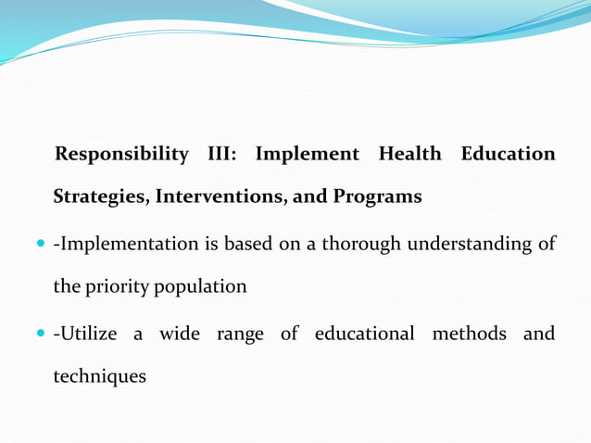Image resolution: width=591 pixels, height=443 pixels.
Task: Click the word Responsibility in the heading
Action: coord(121,154)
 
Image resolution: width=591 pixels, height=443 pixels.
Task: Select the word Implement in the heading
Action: coord(308,154)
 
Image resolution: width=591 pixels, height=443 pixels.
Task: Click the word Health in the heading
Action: coord(409,154)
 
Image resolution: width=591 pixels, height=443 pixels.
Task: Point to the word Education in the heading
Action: coord(508,154)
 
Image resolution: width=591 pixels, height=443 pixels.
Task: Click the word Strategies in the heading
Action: coord(101,197)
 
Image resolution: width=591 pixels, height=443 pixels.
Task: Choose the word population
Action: coord(212,287)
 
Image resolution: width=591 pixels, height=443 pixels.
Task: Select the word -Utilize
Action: coord(85,334)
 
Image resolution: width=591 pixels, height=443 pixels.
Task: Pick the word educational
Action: coord(364,334)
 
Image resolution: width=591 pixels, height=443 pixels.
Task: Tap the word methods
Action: coord(469,334)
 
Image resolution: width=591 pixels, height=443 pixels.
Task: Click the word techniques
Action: coord(99,377)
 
